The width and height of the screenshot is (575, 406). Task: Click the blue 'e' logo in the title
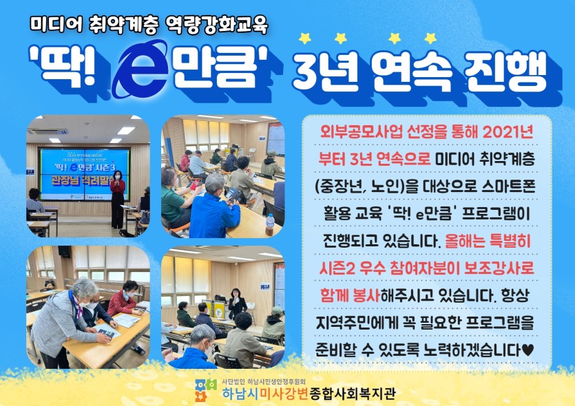point(140,69)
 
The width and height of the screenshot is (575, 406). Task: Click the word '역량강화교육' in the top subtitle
point(217,25)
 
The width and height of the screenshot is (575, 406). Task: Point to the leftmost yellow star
point(305,38)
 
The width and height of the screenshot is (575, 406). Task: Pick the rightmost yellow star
point(430,38)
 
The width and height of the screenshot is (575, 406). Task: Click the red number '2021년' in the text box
point(508,132)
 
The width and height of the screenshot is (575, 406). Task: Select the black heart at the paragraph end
point(527,351)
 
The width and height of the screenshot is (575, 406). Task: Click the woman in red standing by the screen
point(118,200)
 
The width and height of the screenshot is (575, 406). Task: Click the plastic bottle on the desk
point(270,224)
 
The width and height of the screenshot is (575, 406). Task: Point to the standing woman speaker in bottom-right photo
point(236,303)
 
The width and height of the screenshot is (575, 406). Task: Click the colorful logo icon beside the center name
point(206,390)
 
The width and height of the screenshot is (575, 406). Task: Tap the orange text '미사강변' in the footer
point(284,394)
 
